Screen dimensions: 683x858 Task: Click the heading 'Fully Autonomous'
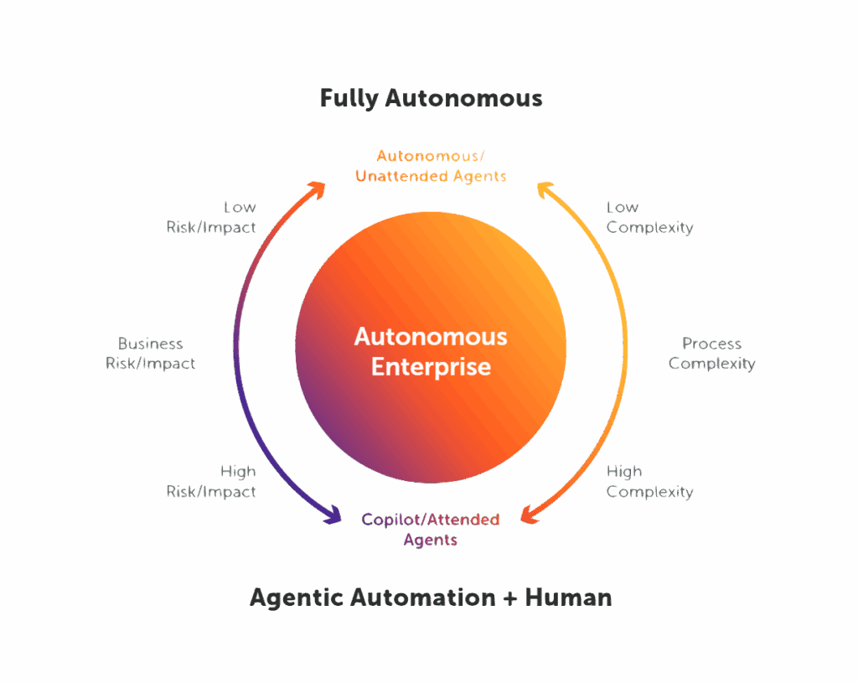point(431,99)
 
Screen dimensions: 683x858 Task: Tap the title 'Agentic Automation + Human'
point(431,598)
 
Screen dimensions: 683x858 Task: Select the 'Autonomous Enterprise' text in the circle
point(431,352)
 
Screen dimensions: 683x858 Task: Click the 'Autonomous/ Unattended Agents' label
point(431,166)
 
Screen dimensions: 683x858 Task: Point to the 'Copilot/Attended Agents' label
point(431,530)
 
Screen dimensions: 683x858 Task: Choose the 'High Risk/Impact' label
point(212,481)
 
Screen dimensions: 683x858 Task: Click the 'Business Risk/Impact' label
point(151,354)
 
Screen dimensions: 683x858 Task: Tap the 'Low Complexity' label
point(649,217)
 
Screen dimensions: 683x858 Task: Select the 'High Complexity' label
point(649,481)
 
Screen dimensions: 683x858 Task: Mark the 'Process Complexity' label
point(711,354)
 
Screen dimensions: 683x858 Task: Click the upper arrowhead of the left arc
point(317,189)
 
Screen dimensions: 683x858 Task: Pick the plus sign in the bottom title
point(510,598)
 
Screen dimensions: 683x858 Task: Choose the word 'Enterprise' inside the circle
point(431,367)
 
